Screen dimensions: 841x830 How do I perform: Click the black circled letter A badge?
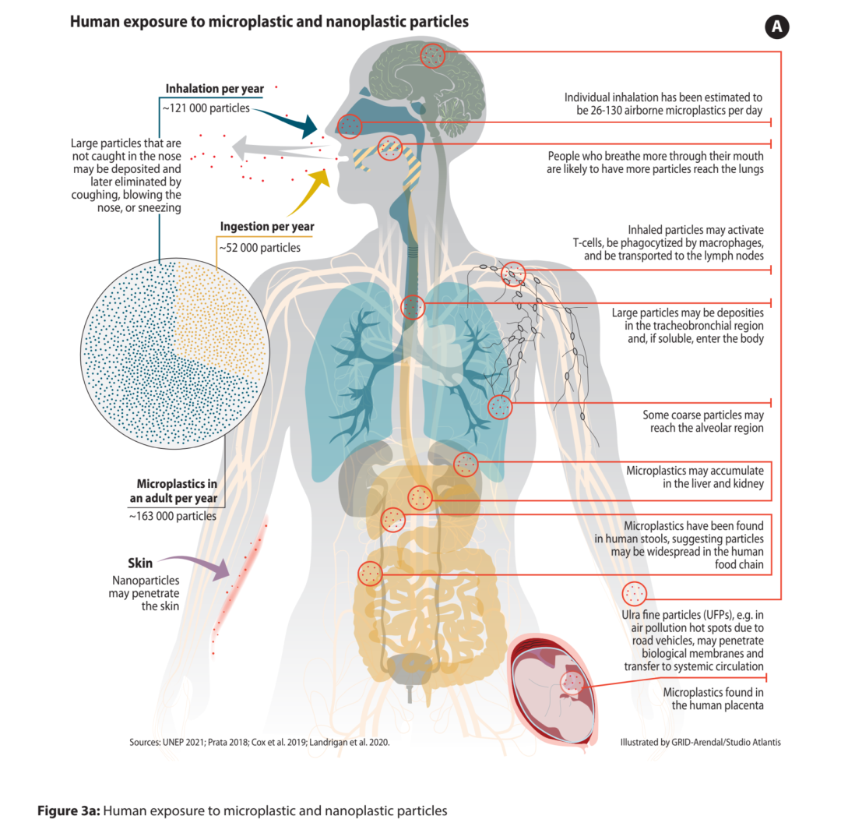pos(776,26)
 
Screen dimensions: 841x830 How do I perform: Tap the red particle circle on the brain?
pos(432,55)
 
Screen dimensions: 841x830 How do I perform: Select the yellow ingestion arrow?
pos(309,191)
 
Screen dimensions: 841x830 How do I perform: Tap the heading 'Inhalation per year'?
pos(215,89)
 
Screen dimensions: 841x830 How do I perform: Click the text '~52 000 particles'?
pos(259,248)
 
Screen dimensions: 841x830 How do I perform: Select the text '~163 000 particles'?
pos(173,517)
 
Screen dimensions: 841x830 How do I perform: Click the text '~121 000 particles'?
pos(206,108)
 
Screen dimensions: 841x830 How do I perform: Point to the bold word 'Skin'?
pos(140,563)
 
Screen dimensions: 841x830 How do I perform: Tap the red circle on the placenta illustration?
pos(572,683)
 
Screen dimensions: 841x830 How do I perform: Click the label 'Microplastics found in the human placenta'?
pos(713,699)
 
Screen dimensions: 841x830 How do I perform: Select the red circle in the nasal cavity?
pos(350,126)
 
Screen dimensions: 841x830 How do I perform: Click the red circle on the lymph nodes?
pos(513,274)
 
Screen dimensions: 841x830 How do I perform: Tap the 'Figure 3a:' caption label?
pos(69,811)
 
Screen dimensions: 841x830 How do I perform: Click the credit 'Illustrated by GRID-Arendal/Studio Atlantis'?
pos(701,743)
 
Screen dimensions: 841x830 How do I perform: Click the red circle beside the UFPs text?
pos(634,594)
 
